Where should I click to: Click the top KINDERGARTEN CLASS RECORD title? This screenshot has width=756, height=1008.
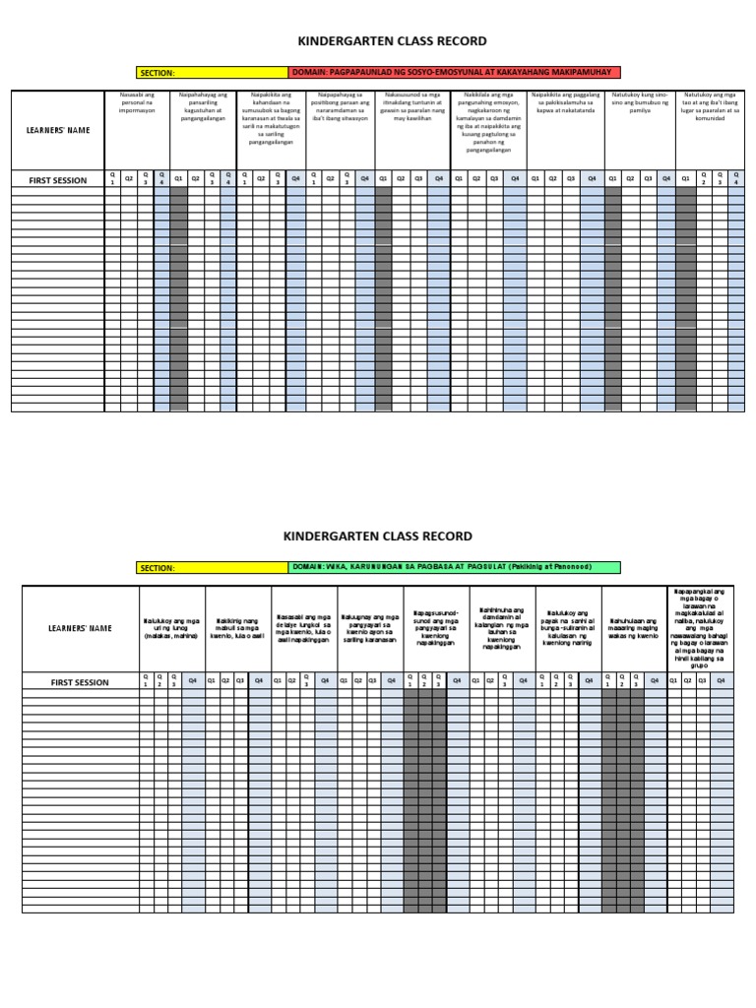coord(377,42)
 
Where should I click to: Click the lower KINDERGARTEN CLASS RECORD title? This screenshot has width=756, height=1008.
coord(377,536)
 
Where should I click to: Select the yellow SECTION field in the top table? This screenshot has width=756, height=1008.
coord(212,73)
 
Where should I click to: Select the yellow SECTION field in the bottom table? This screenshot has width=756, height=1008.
coord(212,568)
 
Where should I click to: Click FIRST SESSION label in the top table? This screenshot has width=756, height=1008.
coord(58,180)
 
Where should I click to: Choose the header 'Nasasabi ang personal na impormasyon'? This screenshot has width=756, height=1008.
coord(137,102)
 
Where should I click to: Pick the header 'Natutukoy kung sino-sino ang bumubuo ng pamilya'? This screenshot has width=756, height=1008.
coord(638,102)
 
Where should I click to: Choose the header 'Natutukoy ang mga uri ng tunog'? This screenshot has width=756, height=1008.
coord(171,628)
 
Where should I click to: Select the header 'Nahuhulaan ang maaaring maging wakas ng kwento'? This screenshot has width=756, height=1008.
coord(633,628)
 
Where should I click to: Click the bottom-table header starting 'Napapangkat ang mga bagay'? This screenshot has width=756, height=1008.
coord(700,628)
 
